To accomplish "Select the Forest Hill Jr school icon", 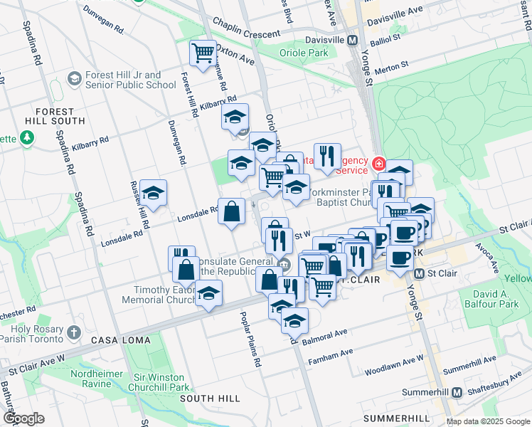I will (74, 78).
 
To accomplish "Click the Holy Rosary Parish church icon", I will (73, 332).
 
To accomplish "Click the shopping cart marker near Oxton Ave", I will (203, 53).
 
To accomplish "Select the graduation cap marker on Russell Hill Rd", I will (154, 192).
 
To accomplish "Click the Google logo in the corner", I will (24, 418).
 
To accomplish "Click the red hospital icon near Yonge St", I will (381, 164).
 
